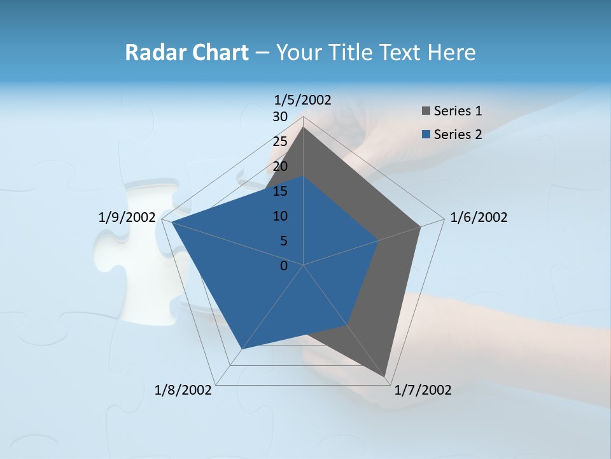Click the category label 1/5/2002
[x=302, y=99]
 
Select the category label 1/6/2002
[x=479, y=217]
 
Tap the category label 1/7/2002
[x=423, y=390]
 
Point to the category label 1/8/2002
[x=183, y=390]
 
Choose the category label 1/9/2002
[x=127, y=217]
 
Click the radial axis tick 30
[x=280, y=117]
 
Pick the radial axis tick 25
[x=280, y=142]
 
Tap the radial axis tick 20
[x=280, y=166]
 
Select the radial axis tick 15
[x=280, y=191]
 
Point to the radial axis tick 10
[x=280, y=216]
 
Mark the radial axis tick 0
[x=284, y=266]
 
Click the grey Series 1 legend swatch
[x=426, y=111]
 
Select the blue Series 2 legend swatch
[x=426, y=135]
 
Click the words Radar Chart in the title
[x=186, y=52]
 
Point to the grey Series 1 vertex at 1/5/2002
[x=303, y=127]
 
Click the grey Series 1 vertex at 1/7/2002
[x=386, y=377]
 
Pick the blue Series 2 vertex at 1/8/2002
[x=242, y=349]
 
